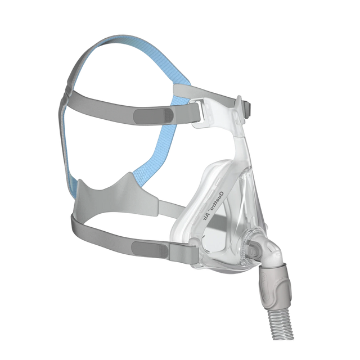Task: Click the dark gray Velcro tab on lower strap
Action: (x=150, y=250)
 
